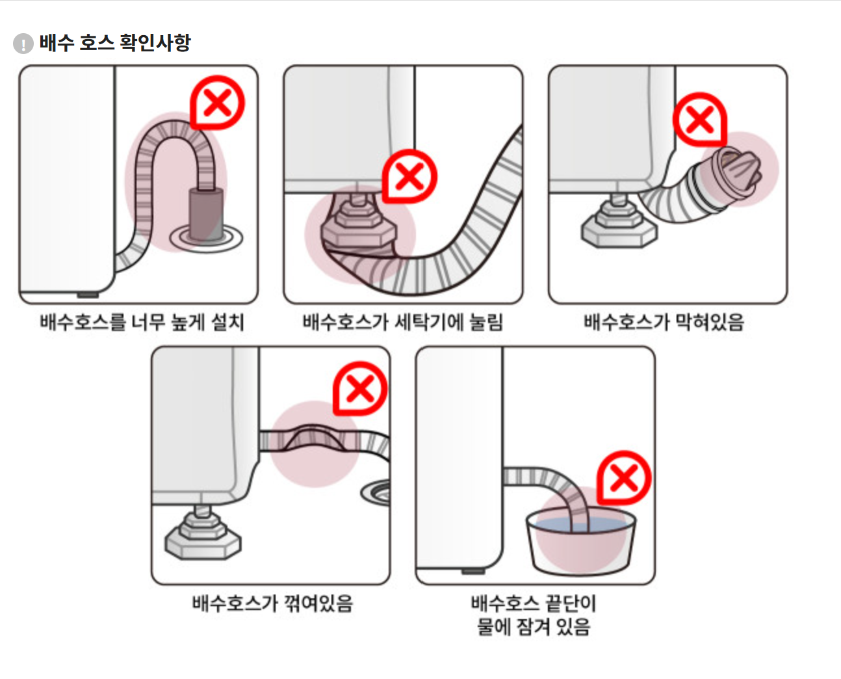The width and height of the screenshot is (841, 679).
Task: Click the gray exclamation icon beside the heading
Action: coord(23,44)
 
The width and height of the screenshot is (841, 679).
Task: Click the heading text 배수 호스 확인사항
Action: coord(115,43)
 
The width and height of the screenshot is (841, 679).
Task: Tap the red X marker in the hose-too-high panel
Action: coord(217,102)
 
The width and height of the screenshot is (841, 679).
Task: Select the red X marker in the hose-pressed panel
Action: coord(409,176)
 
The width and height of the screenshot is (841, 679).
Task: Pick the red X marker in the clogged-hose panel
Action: coord(699,119)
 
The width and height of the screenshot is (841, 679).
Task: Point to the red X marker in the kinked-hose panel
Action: coord(360,388)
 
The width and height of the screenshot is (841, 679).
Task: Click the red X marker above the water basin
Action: coord(624,478)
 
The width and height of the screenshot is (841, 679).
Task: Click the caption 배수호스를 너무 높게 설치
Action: coord(142,322)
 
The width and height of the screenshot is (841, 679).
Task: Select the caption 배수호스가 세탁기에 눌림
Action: coord(403,322)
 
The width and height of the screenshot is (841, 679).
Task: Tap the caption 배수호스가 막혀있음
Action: coord(664,322)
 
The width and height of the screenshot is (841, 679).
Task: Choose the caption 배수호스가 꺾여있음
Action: coord(272,604)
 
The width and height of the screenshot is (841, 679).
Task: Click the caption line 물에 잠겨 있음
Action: coord(534,627)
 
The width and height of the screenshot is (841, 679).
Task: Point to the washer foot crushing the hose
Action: coord(357,224)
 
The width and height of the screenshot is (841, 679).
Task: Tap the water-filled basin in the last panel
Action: coord(580,541)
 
